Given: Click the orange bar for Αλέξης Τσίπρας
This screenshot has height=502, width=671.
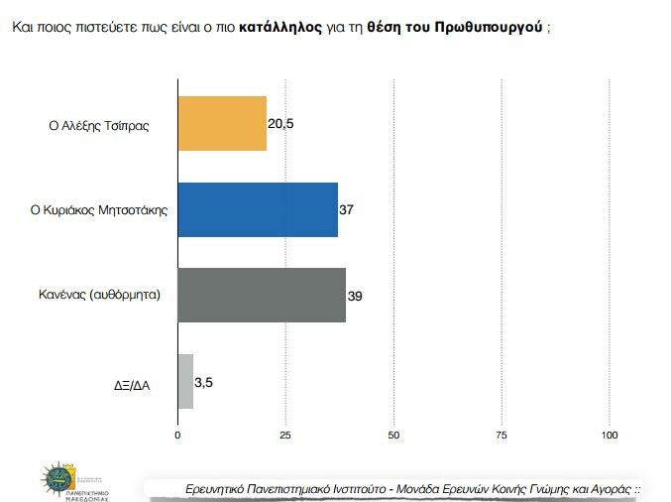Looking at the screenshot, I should (222, 123).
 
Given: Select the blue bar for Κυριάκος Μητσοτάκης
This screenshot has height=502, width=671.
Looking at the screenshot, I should (258, 209).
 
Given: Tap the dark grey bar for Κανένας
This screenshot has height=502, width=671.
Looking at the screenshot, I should (262, 295).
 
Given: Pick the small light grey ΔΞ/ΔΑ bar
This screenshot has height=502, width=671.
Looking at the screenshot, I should (185, 381).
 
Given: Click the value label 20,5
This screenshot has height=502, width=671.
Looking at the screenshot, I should (280, 123).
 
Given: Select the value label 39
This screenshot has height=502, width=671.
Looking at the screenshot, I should (354, 295).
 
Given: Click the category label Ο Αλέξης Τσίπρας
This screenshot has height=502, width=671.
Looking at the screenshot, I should (99, 125).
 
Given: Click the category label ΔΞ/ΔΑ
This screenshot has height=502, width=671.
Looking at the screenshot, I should (132, 382).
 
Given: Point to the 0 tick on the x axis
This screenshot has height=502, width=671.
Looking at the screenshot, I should (177, 436).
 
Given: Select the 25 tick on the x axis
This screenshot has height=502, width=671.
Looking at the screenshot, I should (285, 436).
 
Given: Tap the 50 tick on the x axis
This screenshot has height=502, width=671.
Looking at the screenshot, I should (393, 436).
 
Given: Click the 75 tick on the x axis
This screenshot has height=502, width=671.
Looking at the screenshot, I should (502, 436).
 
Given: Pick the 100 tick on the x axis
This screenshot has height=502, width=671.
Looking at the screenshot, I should (610, 436).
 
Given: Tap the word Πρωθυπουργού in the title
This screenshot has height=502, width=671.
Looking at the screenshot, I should (489, 27).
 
